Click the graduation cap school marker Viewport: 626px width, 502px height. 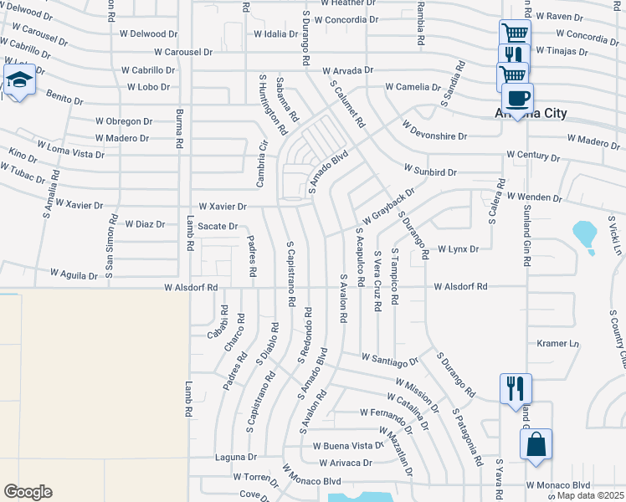click(18, 80)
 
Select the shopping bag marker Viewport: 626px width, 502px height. click(536, 444)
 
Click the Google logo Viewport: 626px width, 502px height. click(28, 492)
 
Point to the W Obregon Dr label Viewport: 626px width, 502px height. click(122, 121)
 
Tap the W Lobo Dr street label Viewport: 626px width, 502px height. click(150, 87)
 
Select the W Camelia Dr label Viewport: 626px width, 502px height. click(413, 87)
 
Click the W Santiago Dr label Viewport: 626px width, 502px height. click(390, 359)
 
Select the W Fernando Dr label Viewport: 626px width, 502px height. click(387, 412)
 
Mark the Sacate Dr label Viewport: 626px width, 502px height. click(218, 227)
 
